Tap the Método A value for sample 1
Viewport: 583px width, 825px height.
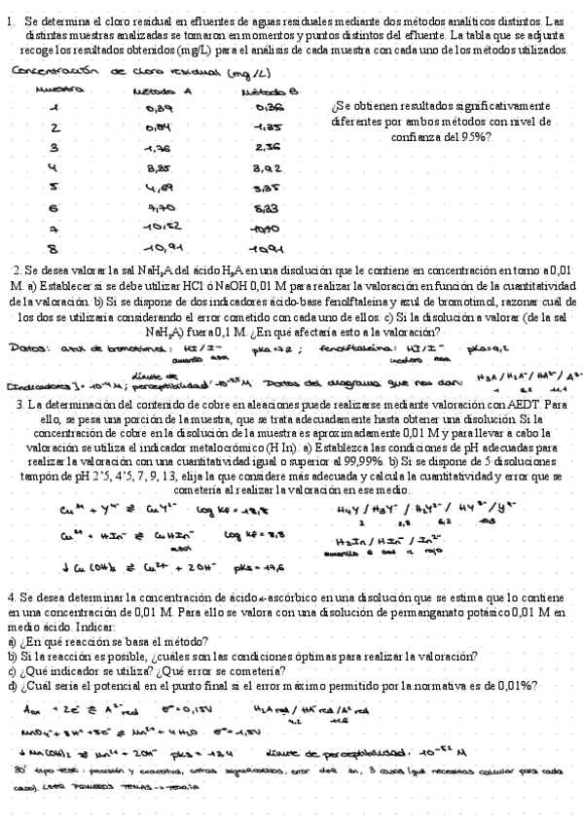(158, 108)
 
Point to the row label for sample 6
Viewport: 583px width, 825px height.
(55, 208)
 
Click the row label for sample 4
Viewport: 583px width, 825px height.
(55, 166)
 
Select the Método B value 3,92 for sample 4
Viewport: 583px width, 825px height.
(255, 167)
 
